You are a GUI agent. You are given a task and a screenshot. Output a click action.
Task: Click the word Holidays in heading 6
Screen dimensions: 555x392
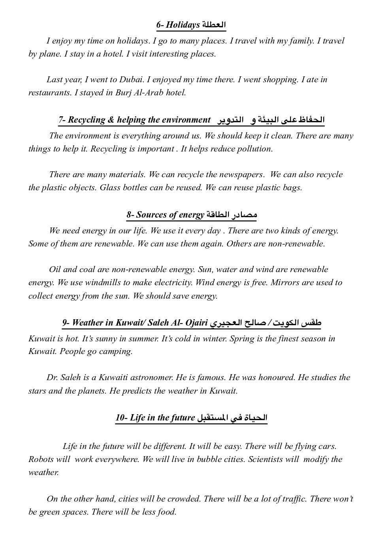click(183, 25)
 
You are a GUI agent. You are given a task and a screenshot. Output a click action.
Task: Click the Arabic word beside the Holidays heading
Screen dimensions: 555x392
click(214, 25)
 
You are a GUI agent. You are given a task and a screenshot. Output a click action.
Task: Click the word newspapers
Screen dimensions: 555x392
click(241, 174)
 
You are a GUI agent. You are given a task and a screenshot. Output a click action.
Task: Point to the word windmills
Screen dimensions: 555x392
click(102, 282)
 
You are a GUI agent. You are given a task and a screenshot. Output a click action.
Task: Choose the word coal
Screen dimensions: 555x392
click(87, 269)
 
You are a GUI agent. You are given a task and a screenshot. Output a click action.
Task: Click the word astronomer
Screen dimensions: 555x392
click(151, 377)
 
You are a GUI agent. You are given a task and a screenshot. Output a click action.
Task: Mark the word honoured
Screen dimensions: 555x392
click(276, 377)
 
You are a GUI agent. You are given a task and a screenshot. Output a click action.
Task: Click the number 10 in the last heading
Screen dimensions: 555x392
click(120, 418)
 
